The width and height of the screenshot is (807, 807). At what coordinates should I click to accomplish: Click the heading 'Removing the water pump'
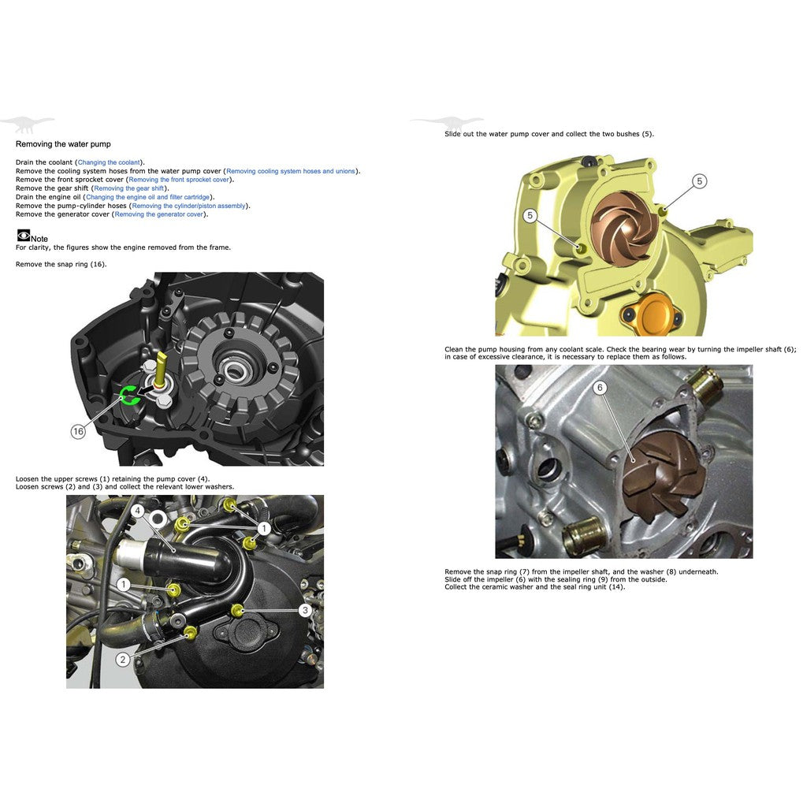[x=63, y=144]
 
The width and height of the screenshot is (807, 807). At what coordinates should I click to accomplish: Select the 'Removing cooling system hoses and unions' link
[x=290, y=171]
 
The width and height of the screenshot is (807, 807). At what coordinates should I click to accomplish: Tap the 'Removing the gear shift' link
[x=128, y=188]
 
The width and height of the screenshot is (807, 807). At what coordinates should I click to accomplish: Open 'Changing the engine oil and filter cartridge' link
[x=147, y=197]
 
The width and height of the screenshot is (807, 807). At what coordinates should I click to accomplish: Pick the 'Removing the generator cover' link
[x=158, y=214]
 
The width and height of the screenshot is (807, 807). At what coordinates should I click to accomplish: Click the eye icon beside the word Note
[x=23, y=235]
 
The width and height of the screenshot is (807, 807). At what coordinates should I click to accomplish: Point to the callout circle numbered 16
[x=78, y=431]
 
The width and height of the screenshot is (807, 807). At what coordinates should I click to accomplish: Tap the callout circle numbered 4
[x=137, y=511]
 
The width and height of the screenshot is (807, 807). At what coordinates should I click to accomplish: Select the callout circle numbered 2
[x=123, y=660]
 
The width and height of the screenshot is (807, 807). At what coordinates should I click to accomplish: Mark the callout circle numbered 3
[x=305, y=609]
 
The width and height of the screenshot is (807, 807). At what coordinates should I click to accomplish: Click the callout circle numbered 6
[x=600, y=388]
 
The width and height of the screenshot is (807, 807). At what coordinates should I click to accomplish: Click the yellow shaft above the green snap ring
[x=162, y=368]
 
